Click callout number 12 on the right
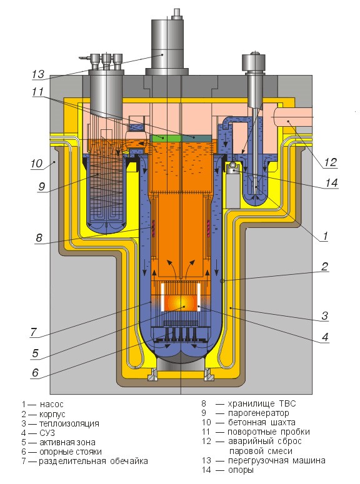point(330,162)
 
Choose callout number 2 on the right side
point(325,265)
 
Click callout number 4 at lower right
point(326,338)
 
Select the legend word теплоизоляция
point(68,423)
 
